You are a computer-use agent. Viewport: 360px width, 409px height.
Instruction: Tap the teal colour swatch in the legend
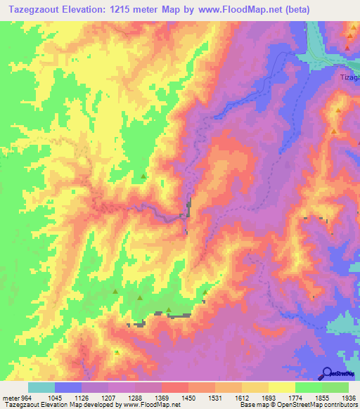coord(41,387)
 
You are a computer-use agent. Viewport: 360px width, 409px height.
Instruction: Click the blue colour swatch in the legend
coord(68,387)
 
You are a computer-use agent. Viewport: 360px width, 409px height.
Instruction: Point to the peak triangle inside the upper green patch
coord(143,176)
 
